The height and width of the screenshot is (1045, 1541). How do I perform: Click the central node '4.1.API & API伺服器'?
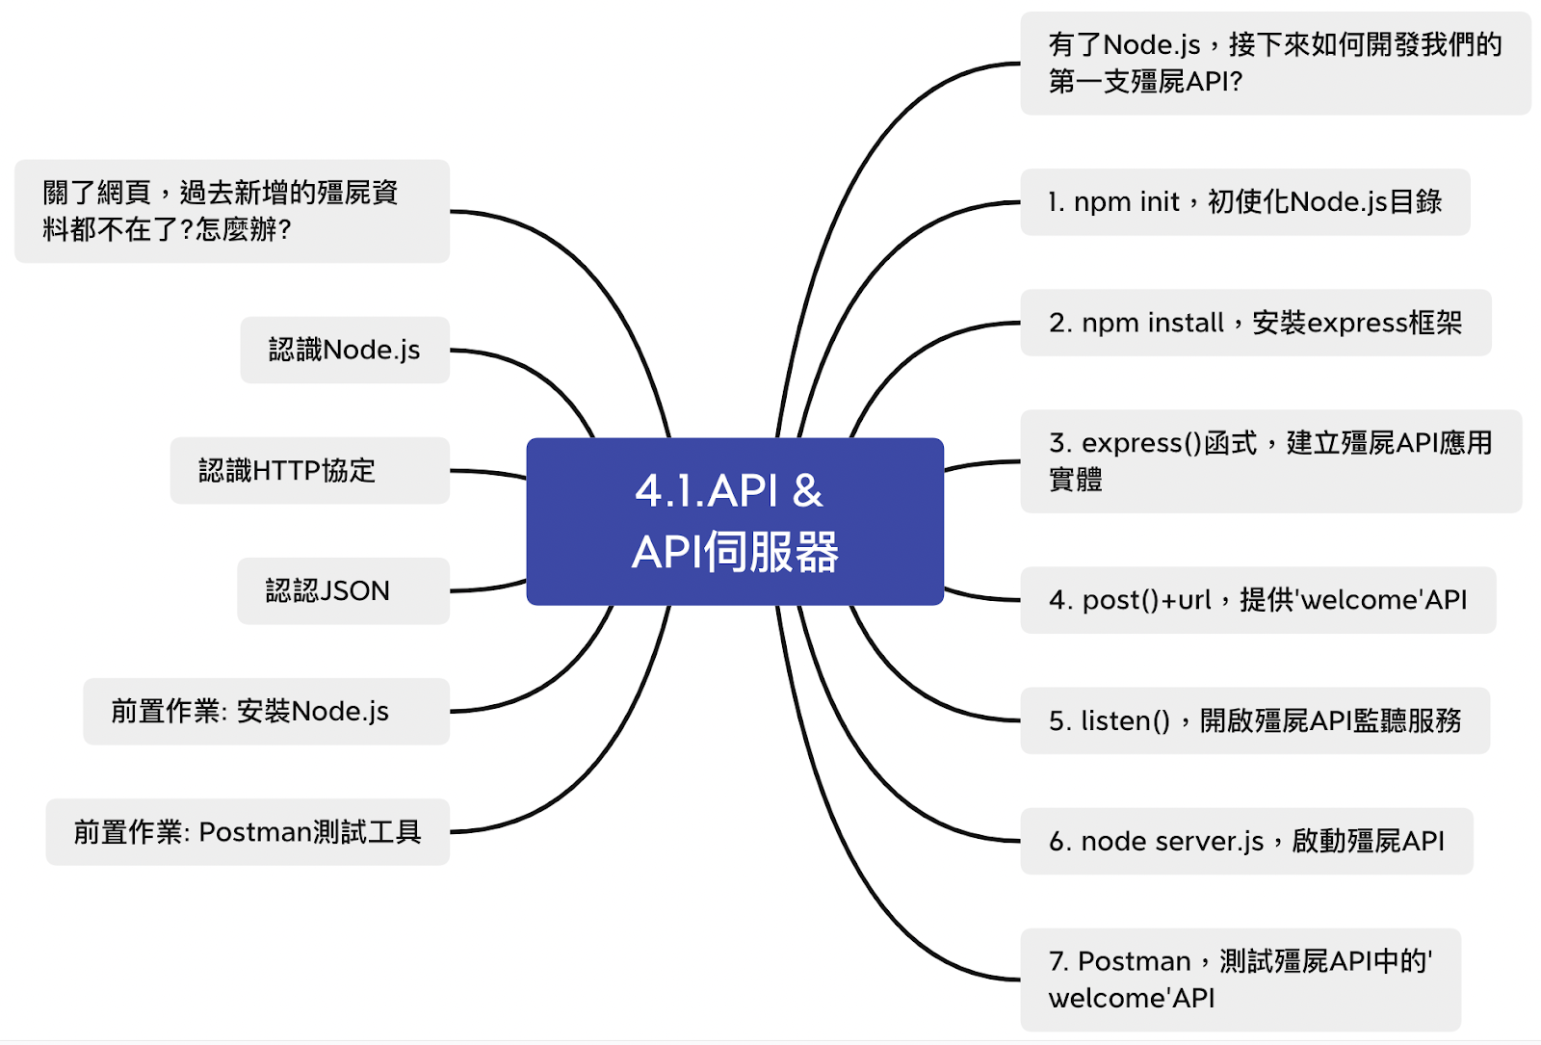[734, 521]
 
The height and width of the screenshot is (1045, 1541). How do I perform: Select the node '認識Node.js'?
[345, 350]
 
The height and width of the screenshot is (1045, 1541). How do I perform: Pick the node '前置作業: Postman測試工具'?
[248, 831]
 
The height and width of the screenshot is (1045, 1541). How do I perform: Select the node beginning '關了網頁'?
[231, 211]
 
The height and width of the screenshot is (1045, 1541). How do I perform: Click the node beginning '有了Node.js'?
[1274, 64]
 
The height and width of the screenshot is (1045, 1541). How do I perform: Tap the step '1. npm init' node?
[1244, 202]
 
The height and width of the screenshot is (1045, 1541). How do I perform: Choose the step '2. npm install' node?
[1255, 323]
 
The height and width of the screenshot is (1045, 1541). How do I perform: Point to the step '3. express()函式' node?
[1270, 460]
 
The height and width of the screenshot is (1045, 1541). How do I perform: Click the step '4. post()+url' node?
[1257, 600]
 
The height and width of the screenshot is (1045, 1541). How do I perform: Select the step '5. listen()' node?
[1254, 720]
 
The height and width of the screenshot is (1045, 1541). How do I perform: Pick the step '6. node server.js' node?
[1246, 841]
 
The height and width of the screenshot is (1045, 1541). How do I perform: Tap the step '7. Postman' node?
[1240, 979]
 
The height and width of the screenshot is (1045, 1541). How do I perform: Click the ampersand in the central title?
[807, 491]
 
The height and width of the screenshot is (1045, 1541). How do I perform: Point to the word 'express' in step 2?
[1357, 323]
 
